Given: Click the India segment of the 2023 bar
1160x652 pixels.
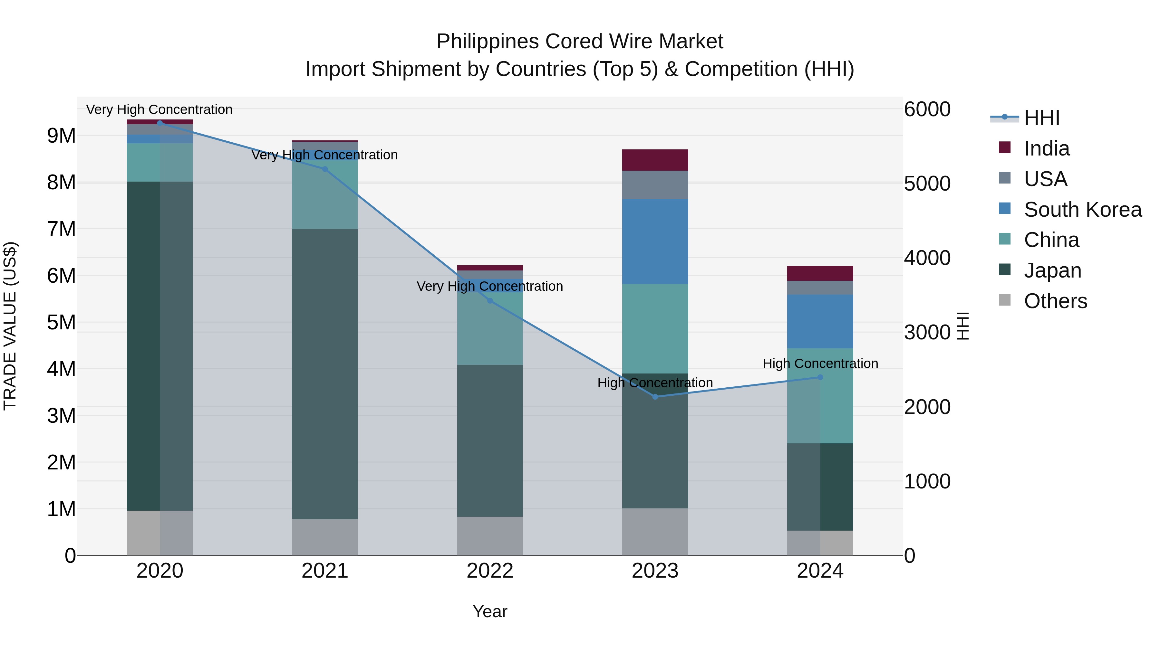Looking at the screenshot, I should pos(655,160).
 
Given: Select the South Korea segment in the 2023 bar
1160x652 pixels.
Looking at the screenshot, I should pos(655,241).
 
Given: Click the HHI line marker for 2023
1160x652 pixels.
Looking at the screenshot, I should pos(655,396).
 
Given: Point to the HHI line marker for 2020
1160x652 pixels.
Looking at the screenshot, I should pos(160,123).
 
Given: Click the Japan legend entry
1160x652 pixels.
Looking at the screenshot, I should pos(1052,270).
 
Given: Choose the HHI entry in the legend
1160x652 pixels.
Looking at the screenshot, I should pos(1041,118).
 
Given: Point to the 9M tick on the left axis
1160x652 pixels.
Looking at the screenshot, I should pos(61,136).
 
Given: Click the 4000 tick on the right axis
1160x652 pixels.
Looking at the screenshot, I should pos(927,258).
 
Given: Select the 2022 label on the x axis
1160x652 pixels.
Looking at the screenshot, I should pos(489,571).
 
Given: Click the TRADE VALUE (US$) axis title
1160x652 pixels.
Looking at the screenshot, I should pos(10,326).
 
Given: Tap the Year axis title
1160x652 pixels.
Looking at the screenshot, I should pos(489,611).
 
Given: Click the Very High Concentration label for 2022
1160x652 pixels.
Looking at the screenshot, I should pos(489,286).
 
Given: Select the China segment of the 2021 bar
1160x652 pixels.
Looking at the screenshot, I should pos(325,194).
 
